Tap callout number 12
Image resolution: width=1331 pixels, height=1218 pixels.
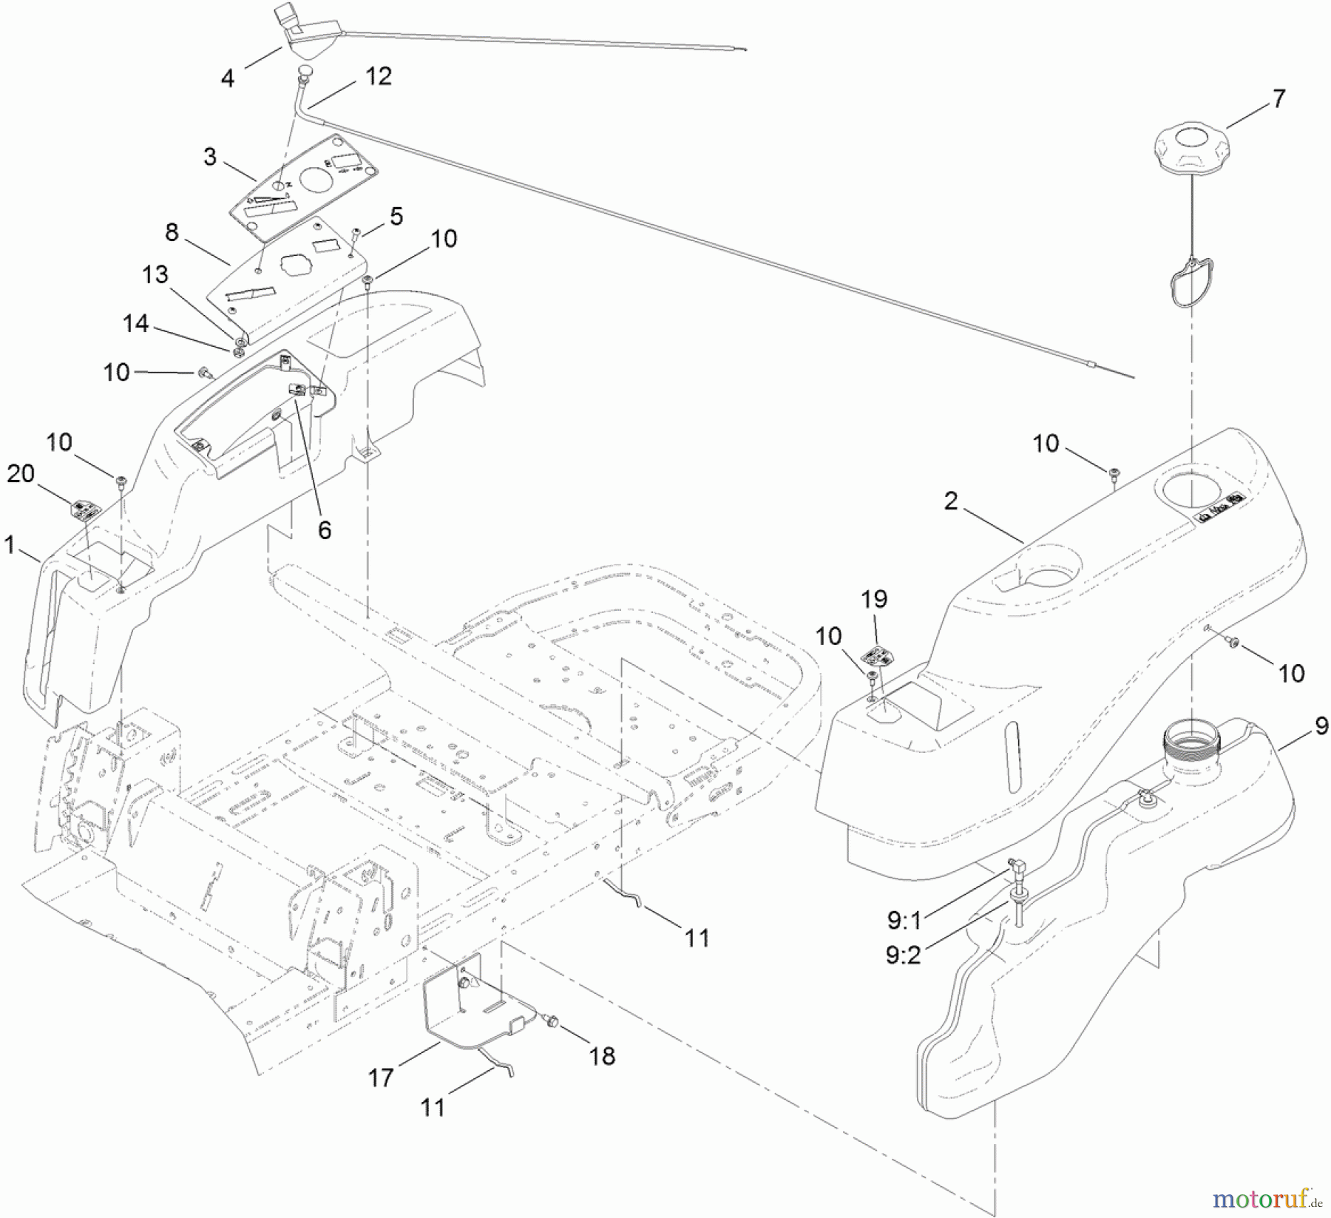pyautogui.click(x=379, y=76)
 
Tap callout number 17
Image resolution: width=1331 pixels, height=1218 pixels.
pyautogui.click(x=381, y=1078)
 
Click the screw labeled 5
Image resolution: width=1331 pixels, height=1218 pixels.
pyautogui.click(x=355, y=234)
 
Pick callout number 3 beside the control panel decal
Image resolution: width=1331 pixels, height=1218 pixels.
pyautogui.click(x=211, y=157)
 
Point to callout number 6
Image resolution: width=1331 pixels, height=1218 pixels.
pyautogui.click(x=325, y=530)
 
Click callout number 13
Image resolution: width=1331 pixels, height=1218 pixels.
pyautogui.click(x=155, y=275)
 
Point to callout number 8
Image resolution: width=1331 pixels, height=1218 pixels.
pyautogui.click(x=172, y=232)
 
